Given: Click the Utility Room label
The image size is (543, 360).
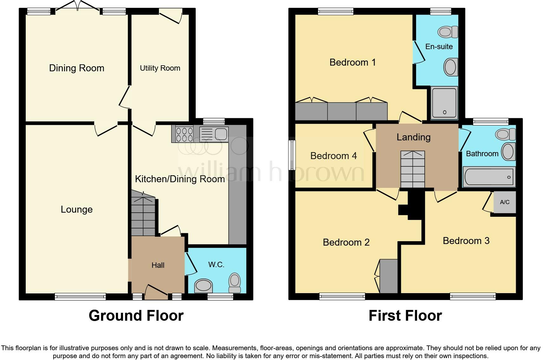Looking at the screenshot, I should pyautogui.click(x=160, y=68).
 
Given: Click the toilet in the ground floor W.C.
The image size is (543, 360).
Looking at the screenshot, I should pyautogui.click(x=235, y=282).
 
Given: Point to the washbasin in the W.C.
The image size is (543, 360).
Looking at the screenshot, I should pyautogui.click(x=203, y=286).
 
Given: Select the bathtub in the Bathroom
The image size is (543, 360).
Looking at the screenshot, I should pyautogui.click(x=489, y=177).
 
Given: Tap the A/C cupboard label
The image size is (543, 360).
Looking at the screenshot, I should pyautogui.click(x=505, y=202).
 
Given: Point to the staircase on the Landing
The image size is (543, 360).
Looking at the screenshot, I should pyautogui.click(x=412, y=169).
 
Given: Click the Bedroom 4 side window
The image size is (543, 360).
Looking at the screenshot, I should pyautogui.click(x=292, y=155).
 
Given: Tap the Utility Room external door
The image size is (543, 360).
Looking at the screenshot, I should pyautogui.click(x=171, y=15).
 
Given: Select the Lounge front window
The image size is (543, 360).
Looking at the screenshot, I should pyautogui.click(x=80, y=297).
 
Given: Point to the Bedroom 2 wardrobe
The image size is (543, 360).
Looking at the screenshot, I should pyautogui.click(x=389, y=276).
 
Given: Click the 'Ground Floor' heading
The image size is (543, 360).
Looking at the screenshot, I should pyautogui.click(x=136, y=316).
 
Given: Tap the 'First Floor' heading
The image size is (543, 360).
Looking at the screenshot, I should pyautogui.click(x=405, y=316).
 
